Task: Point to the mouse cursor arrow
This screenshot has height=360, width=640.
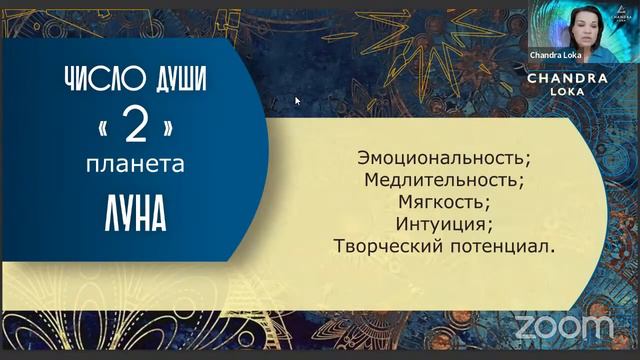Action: click(297, 100)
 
